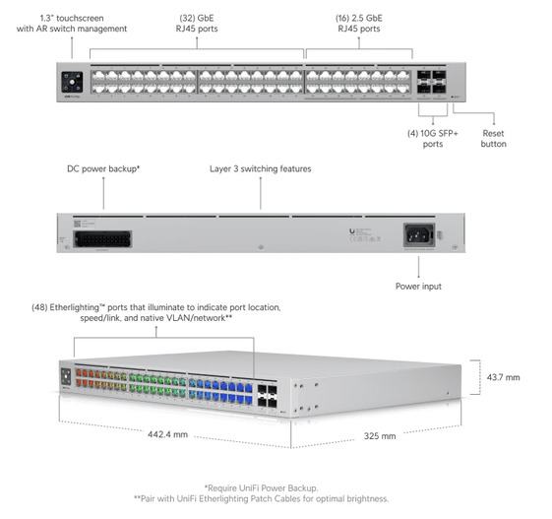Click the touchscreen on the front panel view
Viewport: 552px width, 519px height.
72,82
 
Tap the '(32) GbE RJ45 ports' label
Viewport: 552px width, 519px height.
197,24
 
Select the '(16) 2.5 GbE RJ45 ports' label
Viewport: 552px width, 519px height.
359,24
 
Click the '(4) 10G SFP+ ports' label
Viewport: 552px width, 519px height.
433,139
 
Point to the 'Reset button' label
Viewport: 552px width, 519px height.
494,139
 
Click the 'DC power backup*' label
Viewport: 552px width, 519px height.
103,169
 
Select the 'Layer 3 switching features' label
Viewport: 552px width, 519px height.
261,169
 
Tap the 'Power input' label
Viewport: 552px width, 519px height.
418,287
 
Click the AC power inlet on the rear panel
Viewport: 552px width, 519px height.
419,234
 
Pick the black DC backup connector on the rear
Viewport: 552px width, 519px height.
102,239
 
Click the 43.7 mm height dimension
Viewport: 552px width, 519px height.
504,377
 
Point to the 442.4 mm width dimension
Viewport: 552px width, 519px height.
167,434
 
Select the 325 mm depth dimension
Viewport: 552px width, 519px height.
380,436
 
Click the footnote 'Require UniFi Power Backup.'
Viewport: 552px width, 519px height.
261,488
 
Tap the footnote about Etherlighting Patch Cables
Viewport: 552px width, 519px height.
261,499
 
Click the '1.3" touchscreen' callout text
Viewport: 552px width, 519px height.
72,19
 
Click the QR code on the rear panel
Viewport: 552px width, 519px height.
77,224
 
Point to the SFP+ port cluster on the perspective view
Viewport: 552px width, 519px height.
268,396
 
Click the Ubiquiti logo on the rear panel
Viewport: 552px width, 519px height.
352,231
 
